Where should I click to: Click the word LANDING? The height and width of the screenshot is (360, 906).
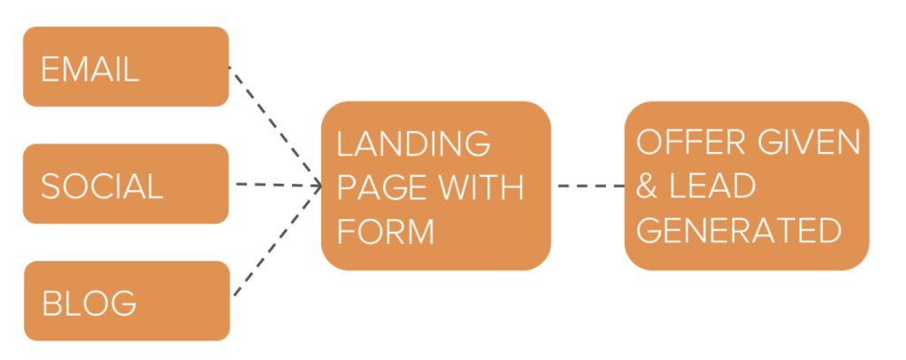[413, 143]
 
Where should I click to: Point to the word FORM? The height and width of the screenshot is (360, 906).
[386, 232]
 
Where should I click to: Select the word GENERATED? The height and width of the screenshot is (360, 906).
[739, 232]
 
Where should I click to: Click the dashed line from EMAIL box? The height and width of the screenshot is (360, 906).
[274, 124]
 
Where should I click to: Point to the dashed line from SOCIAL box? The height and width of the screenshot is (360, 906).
[274, 185]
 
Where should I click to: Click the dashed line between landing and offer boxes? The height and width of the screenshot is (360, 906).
[588, 186]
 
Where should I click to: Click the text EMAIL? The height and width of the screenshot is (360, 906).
[90, 69]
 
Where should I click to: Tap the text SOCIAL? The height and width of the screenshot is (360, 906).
[102, 187]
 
